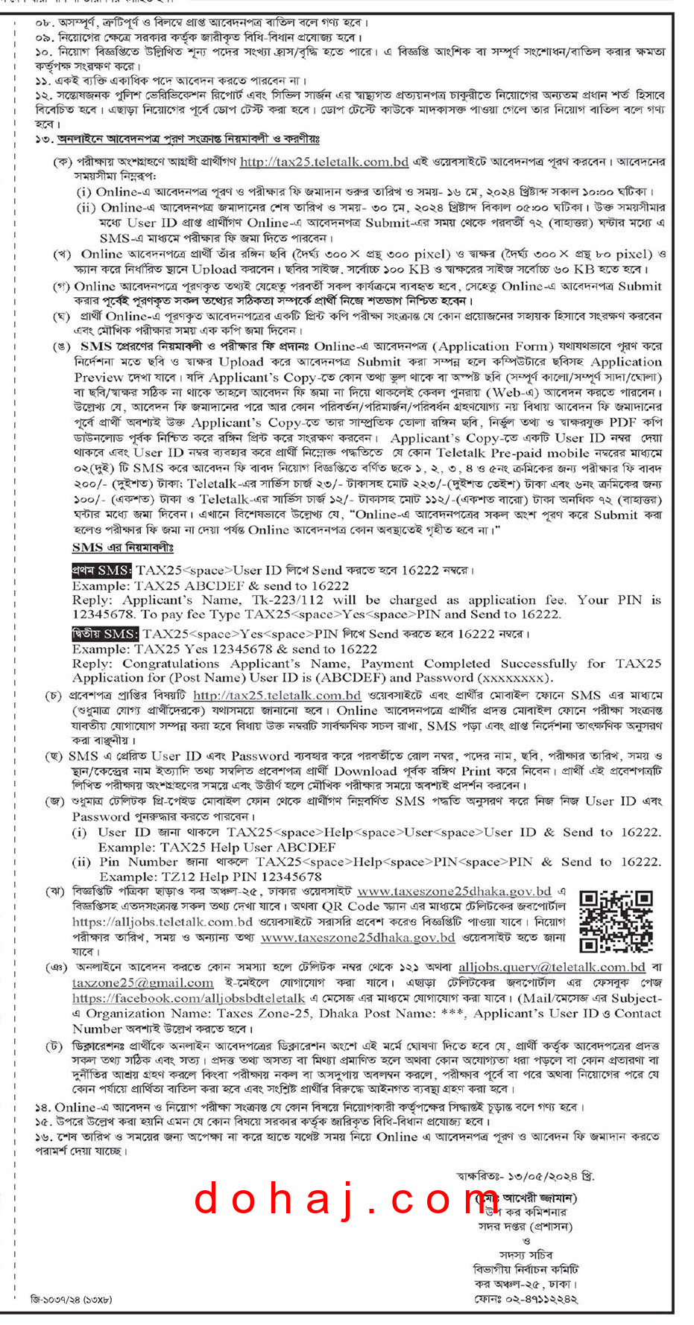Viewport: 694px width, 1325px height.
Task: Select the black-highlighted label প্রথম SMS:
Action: [x=102, y=570]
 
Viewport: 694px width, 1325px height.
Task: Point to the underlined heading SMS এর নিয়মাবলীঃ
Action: [x=122, y=547]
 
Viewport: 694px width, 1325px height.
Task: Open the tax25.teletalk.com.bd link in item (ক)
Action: [x=324, y=162]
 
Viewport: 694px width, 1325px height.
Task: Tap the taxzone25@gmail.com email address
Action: [x=142, y=982]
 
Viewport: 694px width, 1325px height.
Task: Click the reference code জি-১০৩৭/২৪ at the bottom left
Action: [x=72, y=1299]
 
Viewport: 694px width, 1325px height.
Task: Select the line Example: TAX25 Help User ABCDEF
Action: [x=216, y=847]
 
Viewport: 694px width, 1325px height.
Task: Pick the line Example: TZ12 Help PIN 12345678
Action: [x=210, y=877]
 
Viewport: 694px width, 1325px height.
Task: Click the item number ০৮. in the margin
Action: [x=44, y=22]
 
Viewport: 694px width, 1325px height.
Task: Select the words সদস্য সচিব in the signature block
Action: [x=526, y=1254]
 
